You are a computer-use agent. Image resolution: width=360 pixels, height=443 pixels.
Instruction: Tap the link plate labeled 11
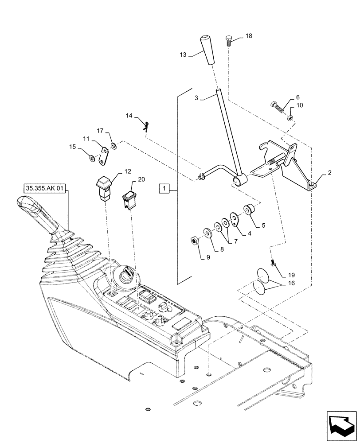click(104, 155)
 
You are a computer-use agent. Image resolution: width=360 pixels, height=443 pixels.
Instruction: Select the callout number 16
click(290, 282)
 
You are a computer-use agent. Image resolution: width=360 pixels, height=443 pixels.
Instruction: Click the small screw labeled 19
click(274, 264)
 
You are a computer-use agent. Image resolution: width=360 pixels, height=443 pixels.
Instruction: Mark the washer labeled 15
click(91, 159)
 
